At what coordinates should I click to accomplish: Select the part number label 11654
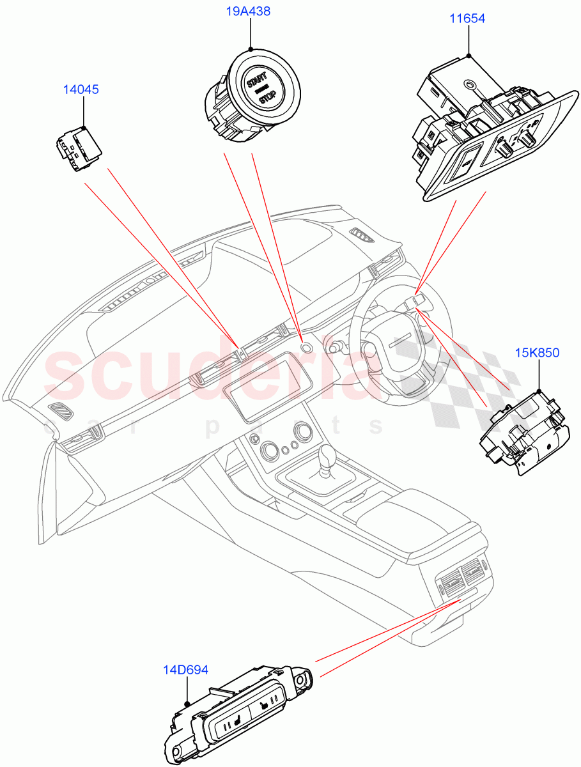467,19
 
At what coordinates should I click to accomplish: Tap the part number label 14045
81,89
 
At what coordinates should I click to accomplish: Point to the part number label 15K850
538,352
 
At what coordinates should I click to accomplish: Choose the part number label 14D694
185,669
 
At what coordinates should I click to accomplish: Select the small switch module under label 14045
77,149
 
